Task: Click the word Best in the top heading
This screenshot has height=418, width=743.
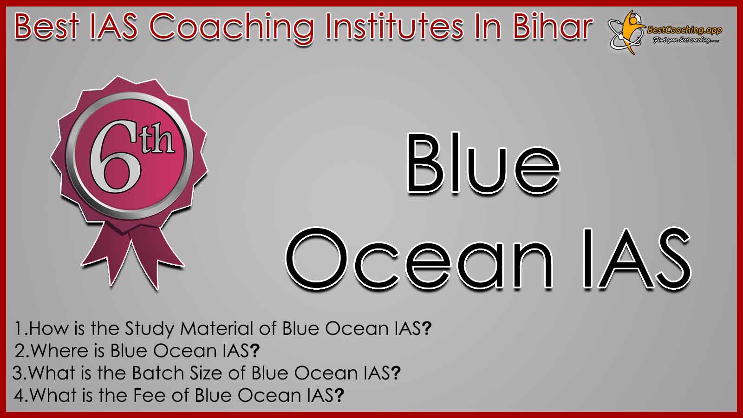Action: [47, 27]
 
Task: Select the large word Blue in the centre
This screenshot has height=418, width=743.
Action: [483, 163]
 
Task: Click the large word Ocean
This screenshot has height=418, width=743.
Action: [419, 259]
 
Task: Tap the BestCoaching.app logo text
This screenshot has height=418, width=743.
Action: [684, 31]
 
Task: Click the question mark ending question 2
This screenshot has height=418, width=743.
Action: [254, 351]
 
